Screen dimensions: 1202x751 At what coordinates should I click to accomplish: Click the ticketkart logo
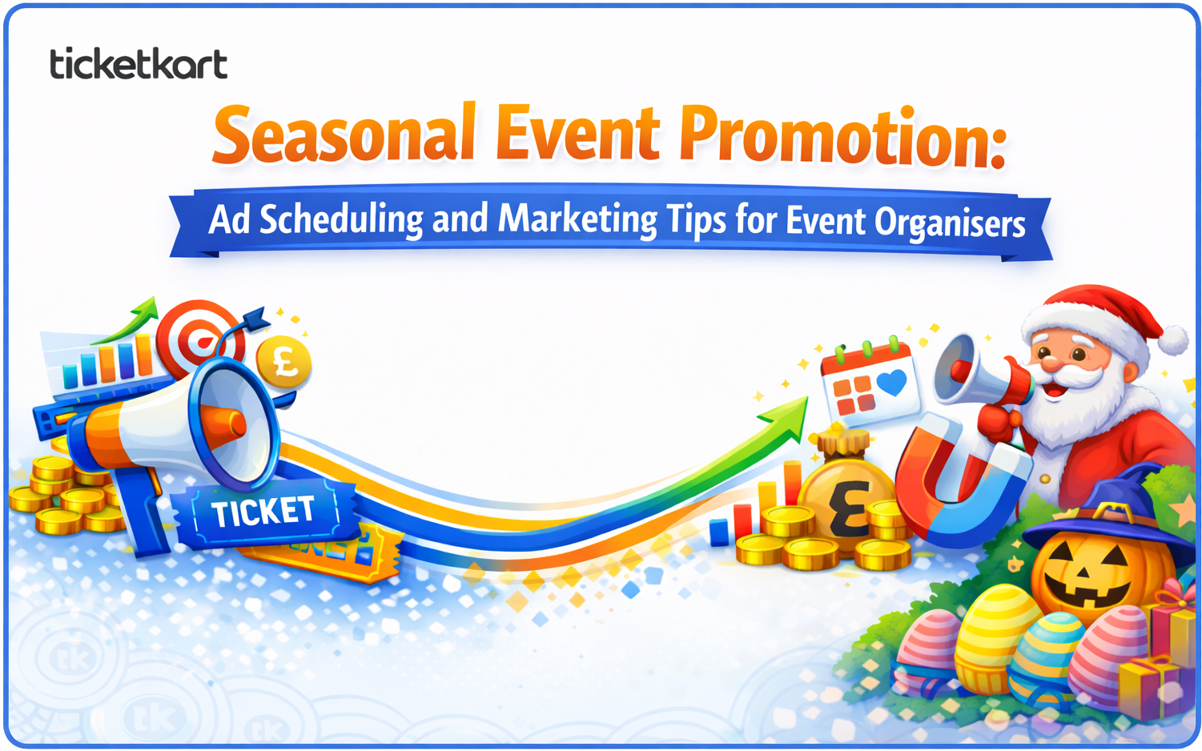tap(139, 63)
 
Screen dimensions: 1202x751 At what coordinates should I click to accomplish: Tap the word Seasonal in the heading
tap(344, 135)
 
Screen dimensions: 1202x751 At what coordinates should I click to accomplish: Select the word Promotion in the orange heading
tap(842, 138)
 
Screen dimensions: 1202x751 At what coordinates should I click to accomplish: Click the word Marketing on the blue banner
tap(577, 219)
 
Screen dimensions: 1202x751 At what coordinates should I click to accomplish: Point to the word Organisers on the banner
tap(950, 223)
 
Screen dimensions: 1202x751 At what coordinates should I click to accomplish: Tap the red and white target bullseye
tap(199, 339)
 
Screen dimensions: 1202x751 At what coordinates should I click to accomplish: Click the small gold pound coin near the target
tap(283, 361)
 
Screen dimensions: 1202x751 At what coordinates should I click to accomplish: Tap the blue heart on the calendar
tap(891, 383)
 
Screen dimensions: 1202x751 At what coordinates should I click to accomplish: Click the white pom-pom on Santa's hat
tap(1173, 339)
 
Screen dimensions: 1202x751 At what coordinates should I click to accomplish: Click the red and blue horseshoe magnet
tap(960, 483)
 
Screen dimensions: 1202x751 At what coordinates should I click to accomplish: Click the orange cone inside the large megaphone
tap(225, 427)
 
